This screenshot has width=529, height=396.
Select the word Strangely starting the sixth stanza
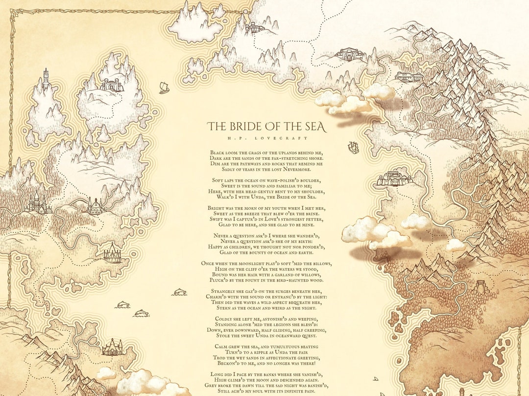227,291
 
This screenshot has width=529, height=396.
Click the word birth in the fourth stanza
306,241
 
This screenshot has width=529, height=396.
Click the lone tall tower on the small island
46,80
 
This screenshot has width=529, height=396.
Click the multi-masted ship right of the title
353,147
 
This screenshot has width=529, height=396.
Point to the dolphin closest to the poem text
179,292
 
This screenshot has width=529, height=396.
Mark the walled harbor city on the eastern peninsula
394,178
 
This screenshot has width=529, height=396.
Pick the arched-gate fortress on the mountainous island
112,86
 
